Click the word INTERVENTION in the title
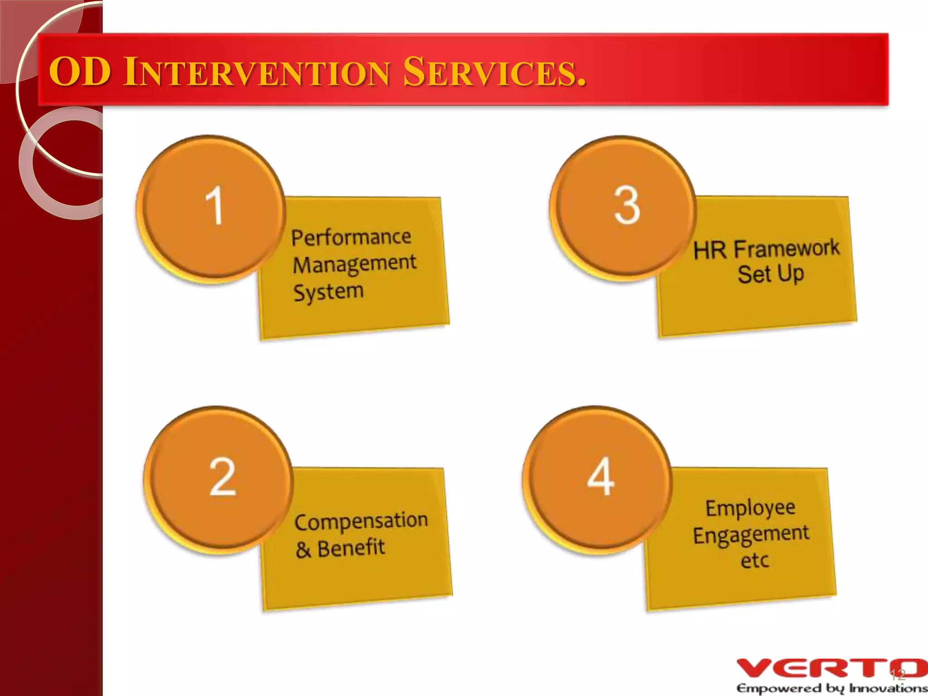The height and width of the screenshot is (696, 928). tap(256, 72)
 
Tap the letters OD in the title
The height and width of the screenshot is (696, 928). tap(80, 72)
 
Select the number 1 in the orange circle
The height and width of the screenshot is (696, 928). tap(214, 206)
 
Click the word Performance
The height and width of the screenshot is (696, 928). tap(351, 237)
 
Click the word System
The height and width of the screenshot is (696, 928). tap(329, 292)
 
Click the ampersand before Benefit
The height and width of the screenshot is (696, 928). tap(303, 550)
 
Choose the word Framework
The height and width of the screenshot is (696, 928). tap(786, 248)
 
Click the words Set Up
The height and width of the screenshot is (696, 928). tap(770, 274)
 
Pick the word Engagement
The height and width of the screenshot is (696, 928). tap(751, 535)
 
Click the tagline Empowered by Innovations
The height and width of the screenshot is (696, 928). tap(831, 688)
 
